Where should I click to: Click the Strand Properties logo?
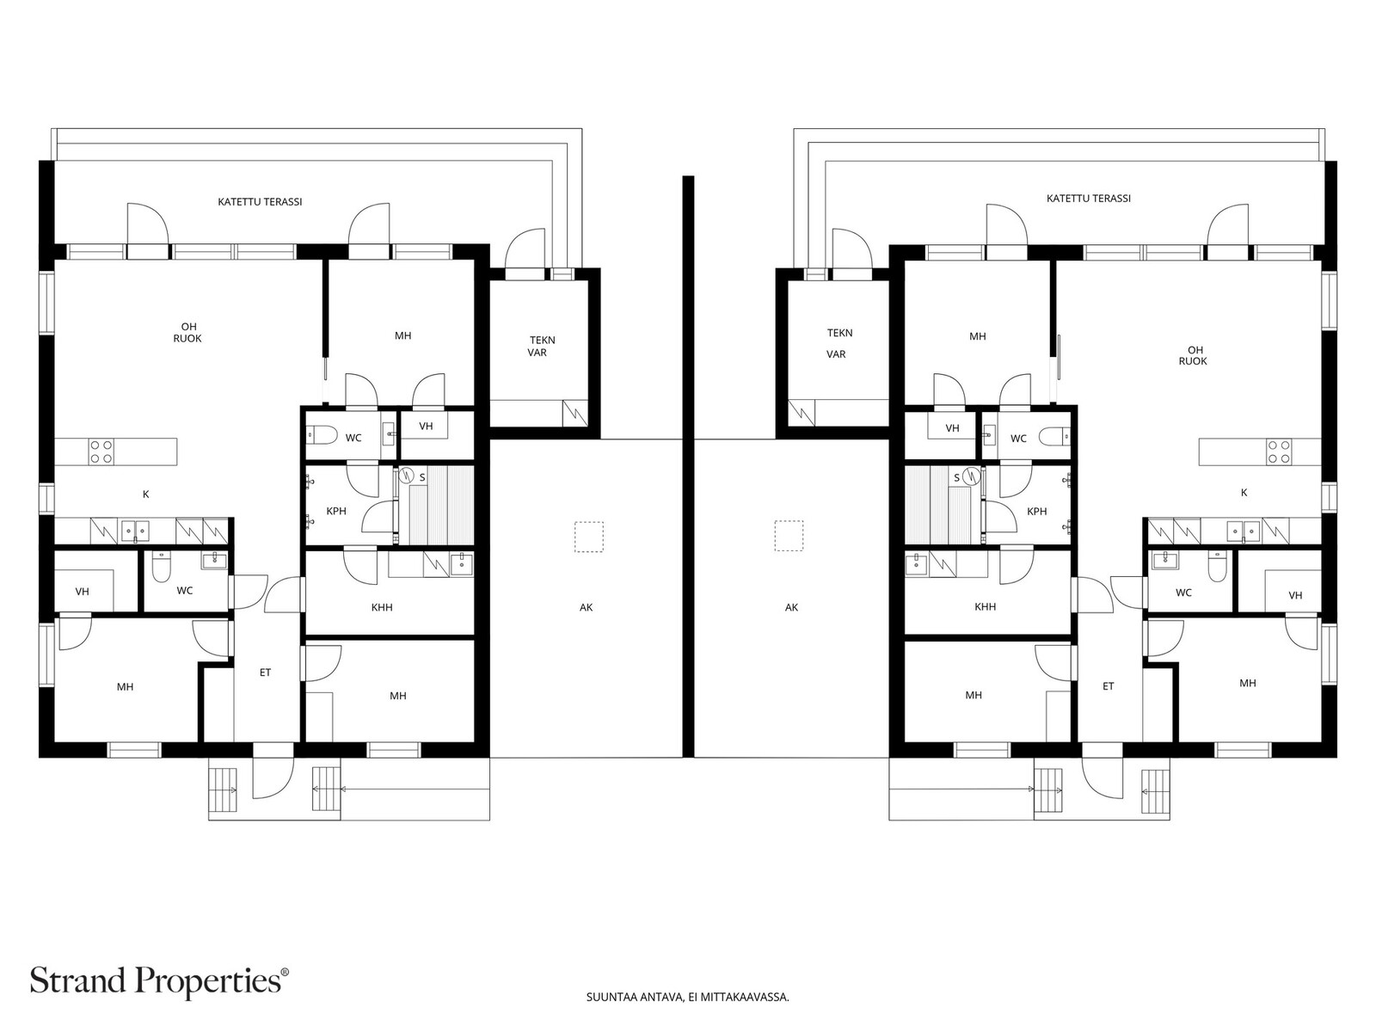(x=160, y=980)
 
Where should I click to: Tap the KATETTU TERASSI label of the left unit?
(x=261, y=202)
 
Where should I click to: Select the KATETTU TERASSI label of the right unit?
(x=1088, y=198)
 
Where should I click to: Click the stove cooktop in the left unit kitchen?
(x=101, y=451)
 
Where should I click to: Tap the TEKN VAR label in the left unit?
(x=540, y=347)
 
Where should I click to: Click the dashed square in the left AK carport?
(x=589, y=537)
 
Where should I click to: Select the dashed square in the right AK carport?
(x=789, y=536)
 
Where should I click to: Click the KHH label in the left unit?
(x=382, y=607)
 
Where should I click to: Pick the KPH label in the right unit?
(x=1037, y=512)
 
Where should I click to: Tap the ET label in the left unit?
(x=265, y=673)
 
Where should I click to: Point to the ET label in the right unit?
(x=1109, y=686)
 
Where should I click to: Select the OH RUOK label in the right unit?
(x=1193, y=355)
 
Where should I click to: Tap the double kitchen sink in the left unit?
(x=135, y=531)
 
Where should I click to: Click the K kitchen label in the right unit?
(x=1244, y=493)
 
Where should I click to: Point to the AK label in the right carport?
(x=791, y=607)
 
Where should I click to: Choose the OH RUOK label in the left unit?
(x=188, y=332)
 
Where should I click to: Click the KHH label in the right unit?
(x=985, y=606)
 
